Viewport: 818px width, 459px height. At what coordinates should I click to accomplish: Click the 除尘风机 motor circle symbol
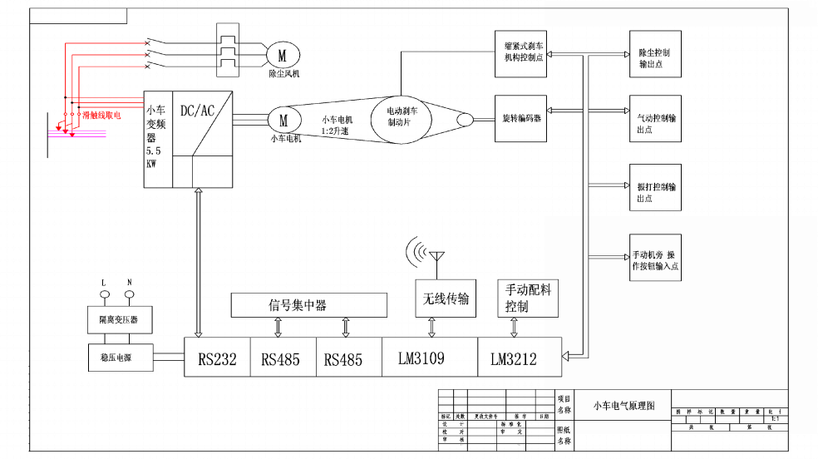282,56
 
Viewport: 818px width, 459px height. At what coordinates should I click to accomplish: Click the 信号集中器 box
308,304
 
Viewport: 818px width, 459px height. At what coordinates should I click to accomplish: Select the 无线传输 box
445,299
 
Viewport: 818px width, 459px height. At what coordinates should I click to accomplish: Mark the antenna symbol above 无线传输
436,254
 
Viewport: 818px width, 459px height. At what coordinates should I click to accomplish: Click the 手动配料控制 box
529,299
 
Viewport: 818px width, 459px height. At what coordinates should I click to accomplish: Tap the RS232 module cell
217,359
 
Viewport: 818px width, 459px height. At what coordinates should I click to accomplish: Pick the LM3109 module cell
430,359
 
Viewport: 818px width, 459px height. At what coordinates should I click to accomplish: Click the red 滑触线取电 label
101,115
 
